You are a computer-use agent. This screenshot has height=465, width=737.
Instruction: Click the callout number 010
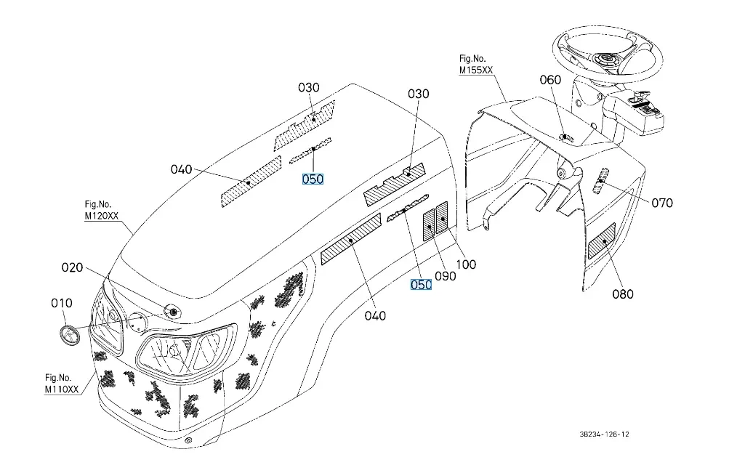(61, 303)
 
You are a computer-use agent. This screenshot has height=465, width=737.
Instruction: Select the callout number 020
(72, 268)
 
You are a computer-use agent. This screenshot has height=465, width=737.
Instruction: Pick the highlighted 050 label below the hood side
(421, 285)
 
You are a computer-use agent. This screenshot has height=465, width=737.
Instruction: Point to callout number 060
(550, 80)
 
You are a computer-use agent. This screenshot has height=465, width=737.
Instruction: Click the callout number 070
(661, 203)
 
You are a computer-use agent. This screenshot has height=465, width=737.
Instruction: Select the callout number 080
(622, 294)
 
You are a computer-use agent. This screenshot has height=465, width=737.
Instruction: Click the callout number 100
(465, 264)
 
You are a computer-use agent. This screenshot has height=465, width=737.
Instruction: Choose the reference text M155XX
(475, 70)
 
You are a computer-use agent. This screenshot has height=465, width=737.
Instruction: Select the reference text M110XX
(61, 389)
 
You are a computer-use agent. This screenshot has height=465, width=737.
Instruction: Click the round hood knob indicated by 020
(173, 312)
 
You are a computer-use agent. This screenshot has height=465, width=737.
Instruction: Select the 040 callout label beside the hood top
(181, 169)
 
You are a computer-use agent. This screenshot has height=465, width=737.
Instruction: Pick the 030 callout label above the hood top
(309, 87)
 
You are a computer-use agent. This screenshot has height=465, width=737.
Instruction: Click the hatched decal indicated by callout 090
(429, 225)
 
